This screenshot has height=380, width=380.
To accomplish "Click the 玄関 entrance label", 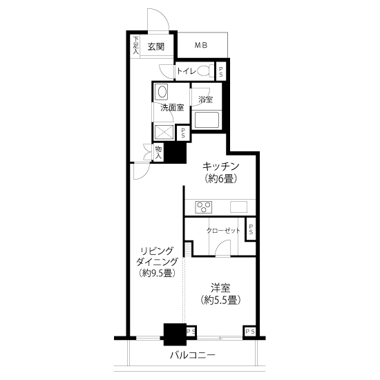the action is [156, 46].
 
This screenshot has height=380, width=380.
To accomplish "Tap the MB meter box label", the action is [201, 45].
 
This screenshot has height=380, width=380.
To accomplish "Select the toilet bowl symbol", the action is [204, 71].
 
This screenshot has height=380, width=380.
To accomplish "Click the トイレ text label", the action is [186, 71].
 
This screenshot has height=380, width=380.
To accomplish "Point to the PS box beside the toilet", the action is [221, 72].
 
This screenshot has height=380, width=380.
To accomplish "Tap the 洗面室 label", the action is [172, 108].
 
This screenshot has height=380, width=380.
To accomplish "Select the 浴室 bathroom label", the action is [205, 99].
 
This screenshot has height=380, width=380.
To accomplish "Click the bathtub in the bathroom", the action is [207, 120].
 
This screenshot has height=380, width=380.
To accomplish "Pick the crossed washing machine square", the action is [164, 133].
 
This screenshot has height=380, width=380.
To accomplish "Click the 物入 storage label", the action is [158, 153].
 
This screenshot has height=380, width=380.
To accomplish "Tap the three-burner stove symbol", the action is [204, 207].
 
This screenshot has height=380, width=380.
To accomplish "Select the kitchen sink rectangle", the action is [239, 207].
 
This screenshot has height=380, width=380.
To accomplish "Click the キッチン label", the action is [221, 167].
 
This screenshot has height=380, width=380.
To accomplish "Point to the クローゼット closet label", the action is [223, 231].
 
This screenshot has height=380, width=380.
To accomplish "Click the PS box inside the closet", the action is [251, 229].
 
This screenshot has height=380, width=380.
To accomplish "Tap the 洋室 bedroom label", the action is [220, 288].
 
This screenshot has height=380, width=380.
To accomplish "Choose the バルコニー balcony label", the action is [193, 355].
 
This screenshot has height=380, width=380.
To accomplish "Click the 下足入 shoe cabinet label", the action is [136, 45].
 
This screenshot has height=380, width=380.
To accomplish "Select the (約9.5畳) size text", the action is [157, 274].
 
